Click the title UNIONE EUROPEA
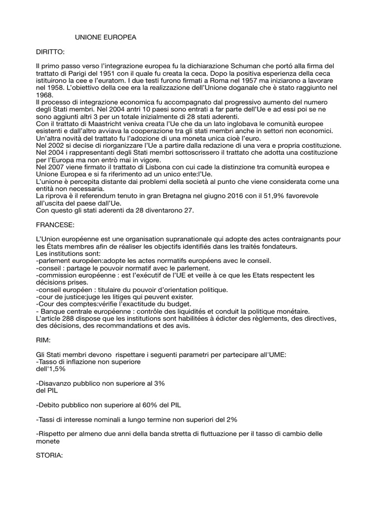(105, 37)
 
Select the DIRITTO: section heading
(51, 51)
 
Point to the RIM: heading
(44, 340)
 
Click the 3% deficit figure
(159, 383)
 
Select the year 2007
(57, 168)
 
